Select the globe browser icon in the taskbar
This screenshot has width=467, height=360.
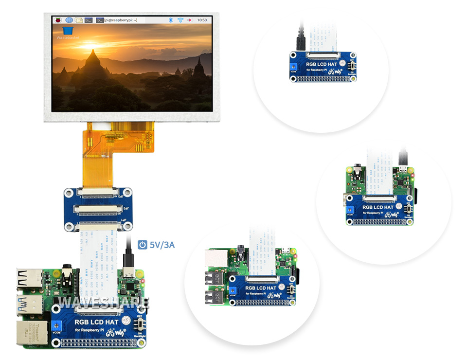[69, 20]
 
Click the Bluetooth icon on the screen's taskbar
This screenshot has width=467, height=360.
[170, 20]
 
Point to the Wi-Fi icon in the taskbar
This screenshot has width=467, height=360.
[180, 20]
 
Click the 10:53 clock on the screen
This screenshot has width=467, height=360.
[202, 20]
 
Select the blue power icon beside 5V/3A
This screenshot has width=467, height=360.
[143, 245]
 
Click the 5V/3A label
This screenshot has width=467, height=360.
[162, 245]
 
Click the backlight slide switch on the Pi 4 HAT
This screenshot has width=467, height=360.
[141, 324]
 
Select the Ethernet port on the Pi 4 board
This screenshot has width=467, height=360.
[31, 333]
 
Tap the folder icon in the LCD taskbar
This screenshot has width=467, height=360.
[79, 20]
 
